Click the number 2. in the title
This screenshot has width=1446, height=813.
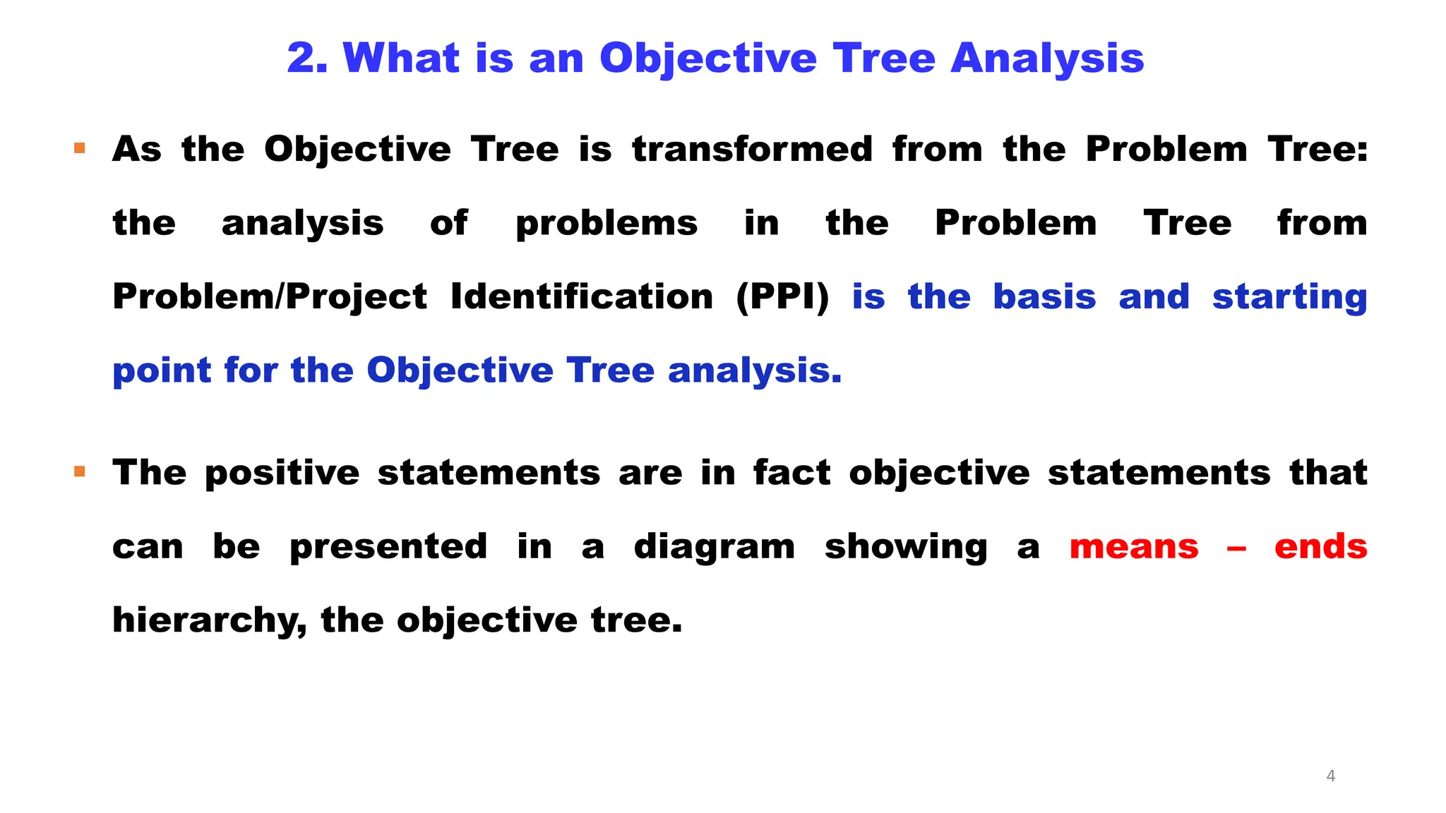coord(307,58)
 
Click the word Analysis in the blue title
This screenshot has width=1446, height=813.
coord(1047,58)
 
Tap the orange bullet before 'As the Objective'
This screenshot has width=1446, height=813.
coord(80,148)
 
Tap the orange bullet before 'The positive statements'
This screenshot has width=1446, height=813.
coord(80,471)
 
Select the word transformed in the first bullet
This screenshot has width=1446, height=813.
coord(752,150)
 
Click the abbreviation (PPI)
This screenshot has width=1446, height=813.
coord(782,296)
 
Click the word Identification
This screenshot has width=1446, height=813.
coord(582,296)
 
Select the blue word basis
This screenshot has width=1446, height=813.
coord(1044,296)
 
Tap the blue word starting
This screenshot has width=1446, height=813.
coord(1289,296)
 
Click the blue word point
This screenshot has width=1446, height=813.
coord(161,371)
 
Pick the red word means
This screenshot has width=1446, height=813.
coord(1134,547)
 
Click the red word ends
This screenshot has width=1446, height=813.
coord(1320,547)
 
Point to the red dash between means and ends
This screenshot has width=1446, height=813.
coord(1236,548)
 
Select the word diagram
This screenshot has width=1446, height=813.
coord(714,547)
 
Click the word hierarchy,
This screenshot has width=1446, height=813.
coord(210,620)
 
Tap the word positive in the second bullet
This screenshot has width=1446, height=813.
coord(282,473)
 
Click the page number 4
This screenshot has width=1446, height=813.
coord(1331,776)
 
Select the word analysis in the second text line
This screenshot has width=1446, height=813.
coord(302,224)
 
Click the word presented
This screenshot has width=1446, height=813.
coord(388,547)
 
